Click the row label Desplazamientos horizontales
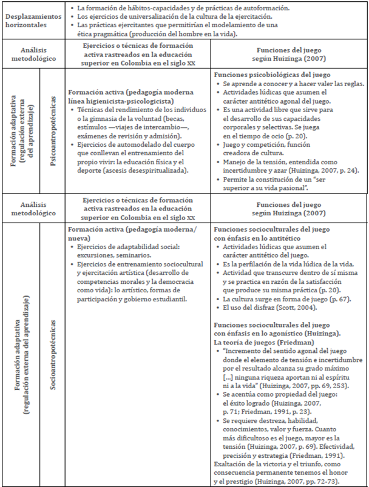[x=33, y=21]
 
